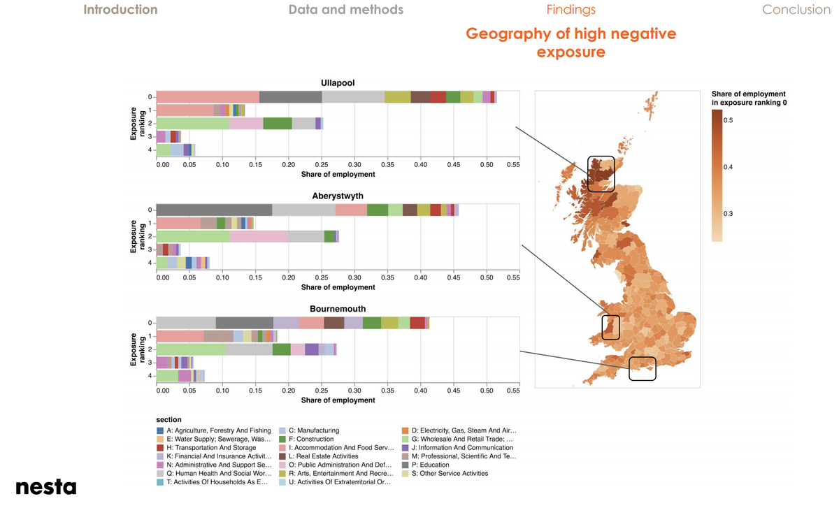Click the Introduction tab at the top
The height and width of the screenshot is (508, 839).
point(120,10)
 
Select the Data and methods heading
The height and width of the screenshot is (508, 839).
point(345,10)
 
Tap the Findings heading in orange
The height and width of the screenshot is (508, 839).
point(571,10)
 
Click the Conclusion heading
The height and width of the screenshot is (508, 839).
point(796,10)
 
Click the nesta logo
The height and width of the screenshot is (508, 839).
point(45,486)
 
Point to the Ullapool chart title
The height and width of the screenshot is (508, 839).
point(337,83)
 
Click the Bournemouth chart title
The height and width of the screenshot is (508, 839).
point(337,308)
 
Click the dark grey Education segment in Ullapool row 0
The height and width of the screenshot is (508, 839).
point(290,96)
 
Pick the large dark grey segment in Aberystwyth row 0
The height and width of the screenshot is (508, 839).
point(213,210)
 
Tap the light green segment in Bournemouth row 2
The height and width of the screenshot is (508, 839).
point(190,349)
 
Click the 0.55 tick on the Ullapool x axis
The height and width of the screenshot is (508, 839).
point(512,164)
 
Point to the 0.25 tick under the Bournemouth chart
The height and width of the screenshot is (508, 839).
point(322,391)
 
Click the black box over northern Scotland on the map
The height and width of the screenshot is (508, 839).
point(601,174)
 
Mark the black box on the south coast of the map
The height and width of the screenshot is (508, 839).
point(642,368)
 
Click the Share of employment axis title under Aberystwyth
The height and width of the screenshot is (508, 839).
point(338,287)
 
